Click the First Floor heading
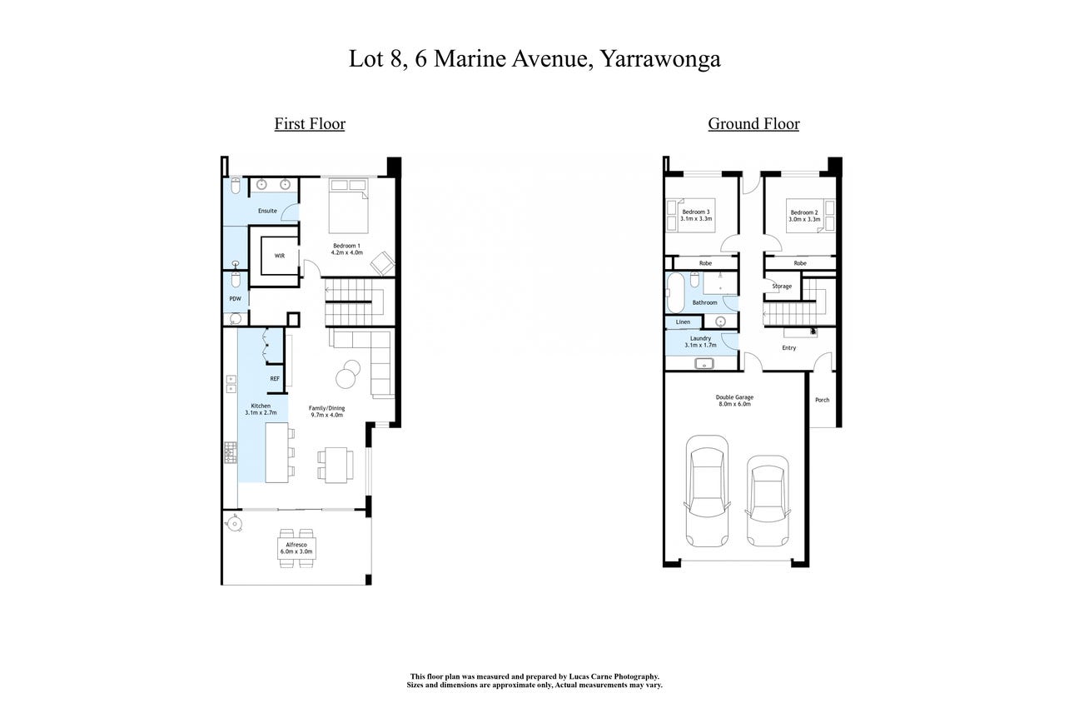(310, 123)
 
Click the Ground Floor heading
(753, 123)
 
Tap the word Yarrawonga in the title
(660, 59)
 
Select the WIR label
(279, 256)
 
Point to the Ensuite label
(267, 211)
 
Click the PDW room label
(236, 299)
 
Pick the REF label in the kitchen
(275, 379)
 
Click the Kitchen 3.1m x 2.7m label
(261, 409)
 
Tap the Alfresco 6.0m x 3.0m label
(296, 548)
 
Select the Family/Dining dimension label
(326, 411)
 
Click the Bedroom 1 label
(346, 249)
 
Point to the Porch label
(823, 400)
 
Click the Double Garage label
(734, 401)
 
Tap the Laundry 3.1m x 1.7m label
(700, 342)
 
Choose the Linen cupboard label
(683, 322)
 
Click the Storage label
(782, 287)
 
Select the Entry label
(789, 348)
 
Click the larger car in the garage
(707, 491)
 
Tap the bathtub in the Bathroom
(675, 292)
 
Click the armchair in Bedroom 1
(383, 263)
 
